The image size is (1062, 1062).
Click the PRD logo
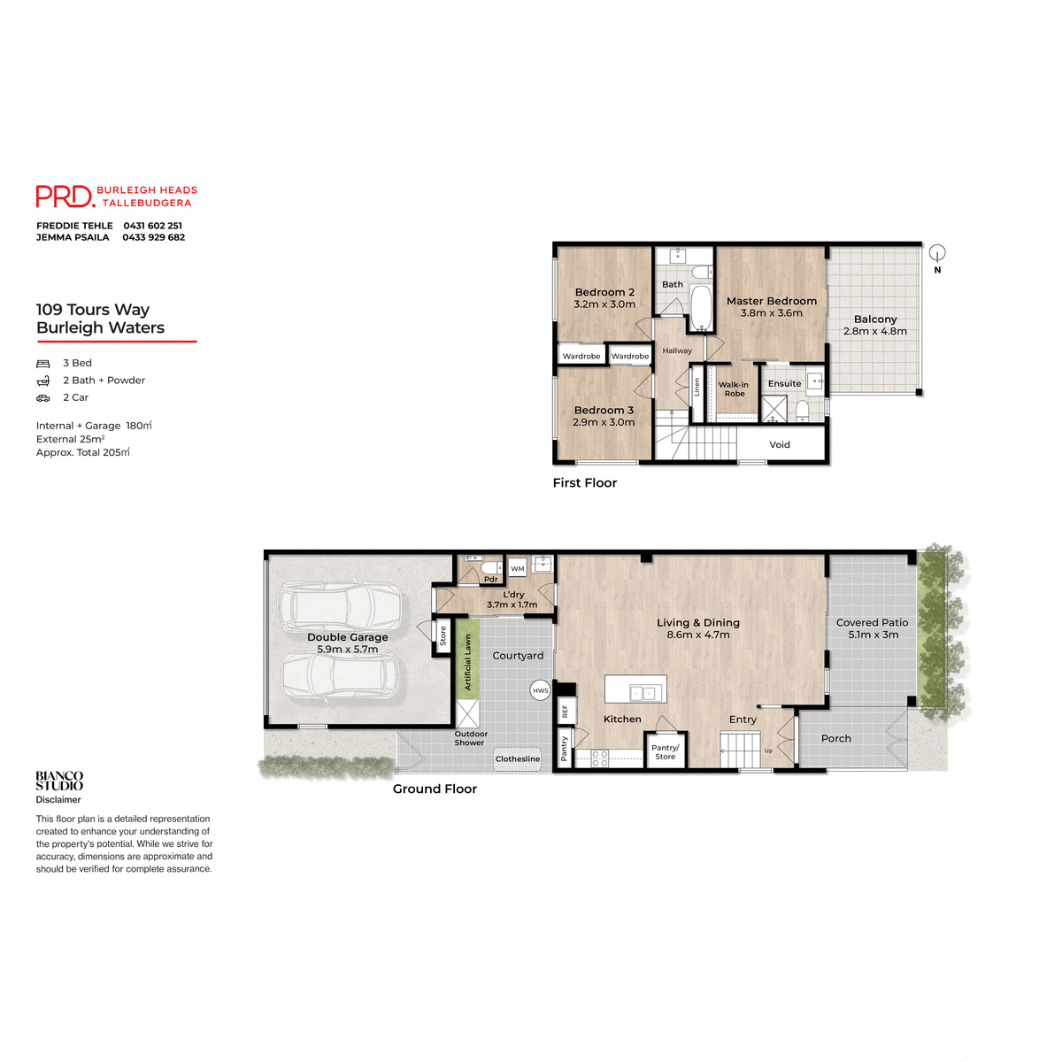[65, 196]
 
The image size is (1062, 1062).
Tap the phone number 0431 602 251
[152, 226]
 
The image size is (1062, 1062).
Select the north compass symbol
[938, 254]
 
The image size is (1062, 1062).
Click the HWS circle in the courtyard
[540, 690]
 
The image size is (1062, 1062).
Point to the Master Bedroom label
[771, 301]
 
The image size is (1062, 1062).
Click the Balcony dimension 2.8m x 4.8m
[874, 331]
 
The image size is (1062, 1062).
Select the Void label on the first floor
[779, 444]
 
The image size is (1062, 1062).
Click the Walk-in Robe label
[734, 389]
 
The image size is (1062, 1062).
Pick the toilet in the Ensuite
[802, 410]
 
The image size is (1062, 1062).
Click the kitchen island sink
[643, 692]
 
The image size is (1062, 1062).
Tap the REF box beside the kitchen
[566, 711]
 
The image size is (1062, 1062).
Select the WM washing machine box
[518, 568]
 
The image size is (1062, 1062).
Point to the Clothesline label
[517, 758]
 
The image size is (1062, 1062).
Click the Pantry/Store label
[665, 752]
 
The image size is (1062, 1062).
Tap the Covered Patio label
[872, 622]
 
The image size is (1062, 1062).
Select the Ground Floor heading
[435, 789]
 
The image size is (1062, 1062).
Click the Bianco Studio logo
[59, 781]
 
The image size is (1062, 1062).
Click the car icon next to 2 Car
[43, 397]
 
